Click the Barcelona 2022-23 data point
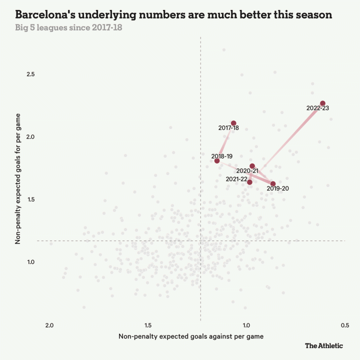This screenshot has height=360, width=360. tap(322, 103)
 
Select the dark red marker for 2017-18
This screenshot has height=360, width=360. tap(233, 123)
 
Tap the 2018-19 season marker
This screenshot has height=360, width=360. tap(217, 160)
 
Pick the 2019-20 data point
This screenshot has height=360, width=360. tap(273, 184)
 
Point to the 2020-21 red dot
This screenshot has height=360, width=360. tap(252, 166)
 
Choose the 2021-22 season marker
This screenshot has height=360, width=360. tap(249, 182)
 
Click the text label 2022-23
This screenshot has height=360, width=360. tap(318, 108)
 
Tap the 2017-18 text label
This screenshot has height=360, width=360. tap(228, 128)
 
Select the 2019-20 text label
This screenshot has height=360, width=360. tap(277, 188)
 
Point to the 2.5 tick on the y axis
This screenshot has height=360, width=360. tap(30, 74)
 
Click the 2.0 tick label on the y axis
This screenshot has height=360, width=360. tap(30, 137)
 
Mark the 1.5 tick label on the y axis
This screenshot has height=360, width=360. tap(30, 199)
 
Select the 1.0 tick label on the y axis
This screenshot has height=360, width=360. tap(30, 262)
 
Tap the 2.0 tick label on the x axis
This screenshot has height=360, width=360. tap(49, 325)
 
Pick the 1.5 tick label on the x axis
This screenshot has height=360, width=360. tap(148, 325)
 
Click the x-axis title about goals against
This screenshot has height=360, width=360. tap(191, 336)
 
